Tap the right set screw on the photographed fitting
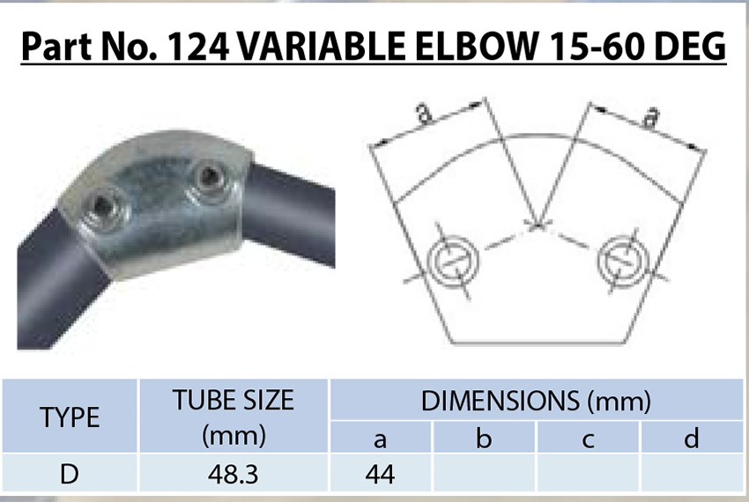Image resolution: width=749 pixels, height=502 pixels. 210,175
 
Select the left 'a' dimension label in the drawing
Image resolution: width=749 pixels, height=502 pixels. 425,114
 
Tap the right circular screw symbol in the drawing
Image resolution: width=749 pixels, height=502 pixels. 622,259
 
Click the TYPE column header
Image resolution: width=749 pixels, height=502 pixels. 70,417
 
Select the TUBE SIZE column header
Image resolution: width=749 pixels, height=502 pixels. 234,417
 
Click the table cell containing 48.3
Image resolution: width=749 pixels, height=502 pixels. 234,475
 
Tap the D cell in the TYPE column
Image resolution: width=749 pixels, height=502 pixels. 70,475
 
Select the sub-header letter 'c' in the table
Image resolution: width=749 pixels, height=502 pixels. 588,438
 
